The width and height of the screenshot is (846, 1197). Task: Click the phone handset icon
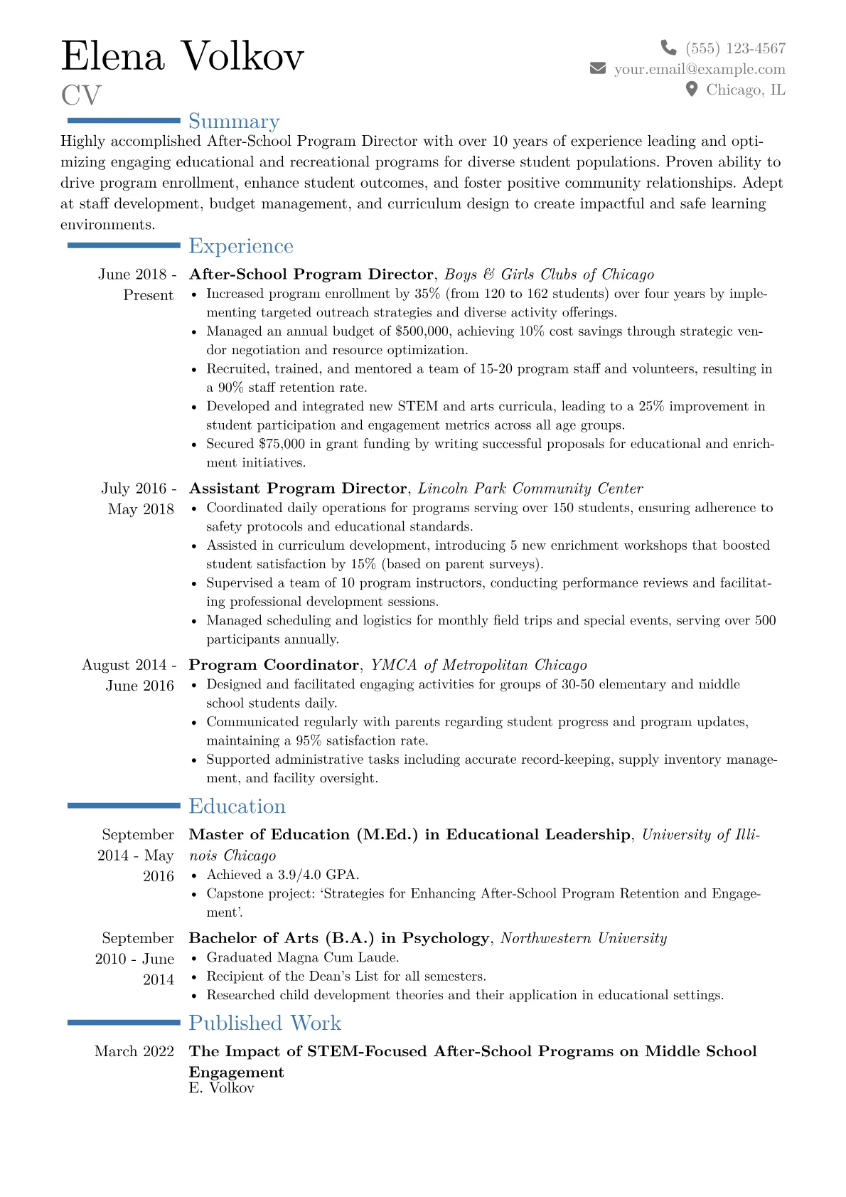click(x=668, y=48)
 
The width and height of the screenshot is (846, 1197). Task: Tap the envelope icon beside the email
click(x=598, y=68)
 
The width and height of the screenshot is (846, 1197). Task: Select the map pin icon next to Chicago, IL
click(x=692, y=89)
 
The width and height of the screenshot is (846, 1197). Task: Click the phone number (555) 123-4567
click(x=735, y=48)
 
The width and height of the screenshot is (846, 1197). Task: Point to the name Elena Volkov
click(x=183, y=56)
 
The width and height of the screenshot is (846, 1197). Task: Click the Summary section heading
click(x=234, y=122)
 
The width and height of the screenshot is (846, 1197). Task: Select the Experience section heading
click(x=241, y=246)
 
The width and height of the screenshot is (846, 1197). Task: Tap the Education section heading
click(x=237, y=807)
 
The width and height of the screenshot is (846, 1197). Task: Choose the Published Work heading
click(x=264, y=1023)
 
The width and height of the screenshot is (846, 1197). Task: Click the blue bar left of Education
click(x=124, y=806)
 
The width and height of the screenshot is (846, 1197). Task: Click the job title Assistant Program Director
click(x=298, y=489)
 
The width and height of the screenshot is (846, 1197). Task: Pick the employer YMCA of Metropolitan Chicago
click(x=479, y=665)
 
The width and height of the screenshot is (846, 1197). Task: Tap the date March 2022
click(x=134, y=1051)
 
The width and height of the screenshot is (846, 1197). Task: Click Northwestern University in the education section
click(x=584, y=938)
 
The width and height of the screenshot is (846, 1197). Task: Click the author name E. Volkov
click(x=221, y=1088)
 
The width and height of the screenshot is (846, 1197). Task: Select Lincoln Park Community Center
click(x=530, y=489)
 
